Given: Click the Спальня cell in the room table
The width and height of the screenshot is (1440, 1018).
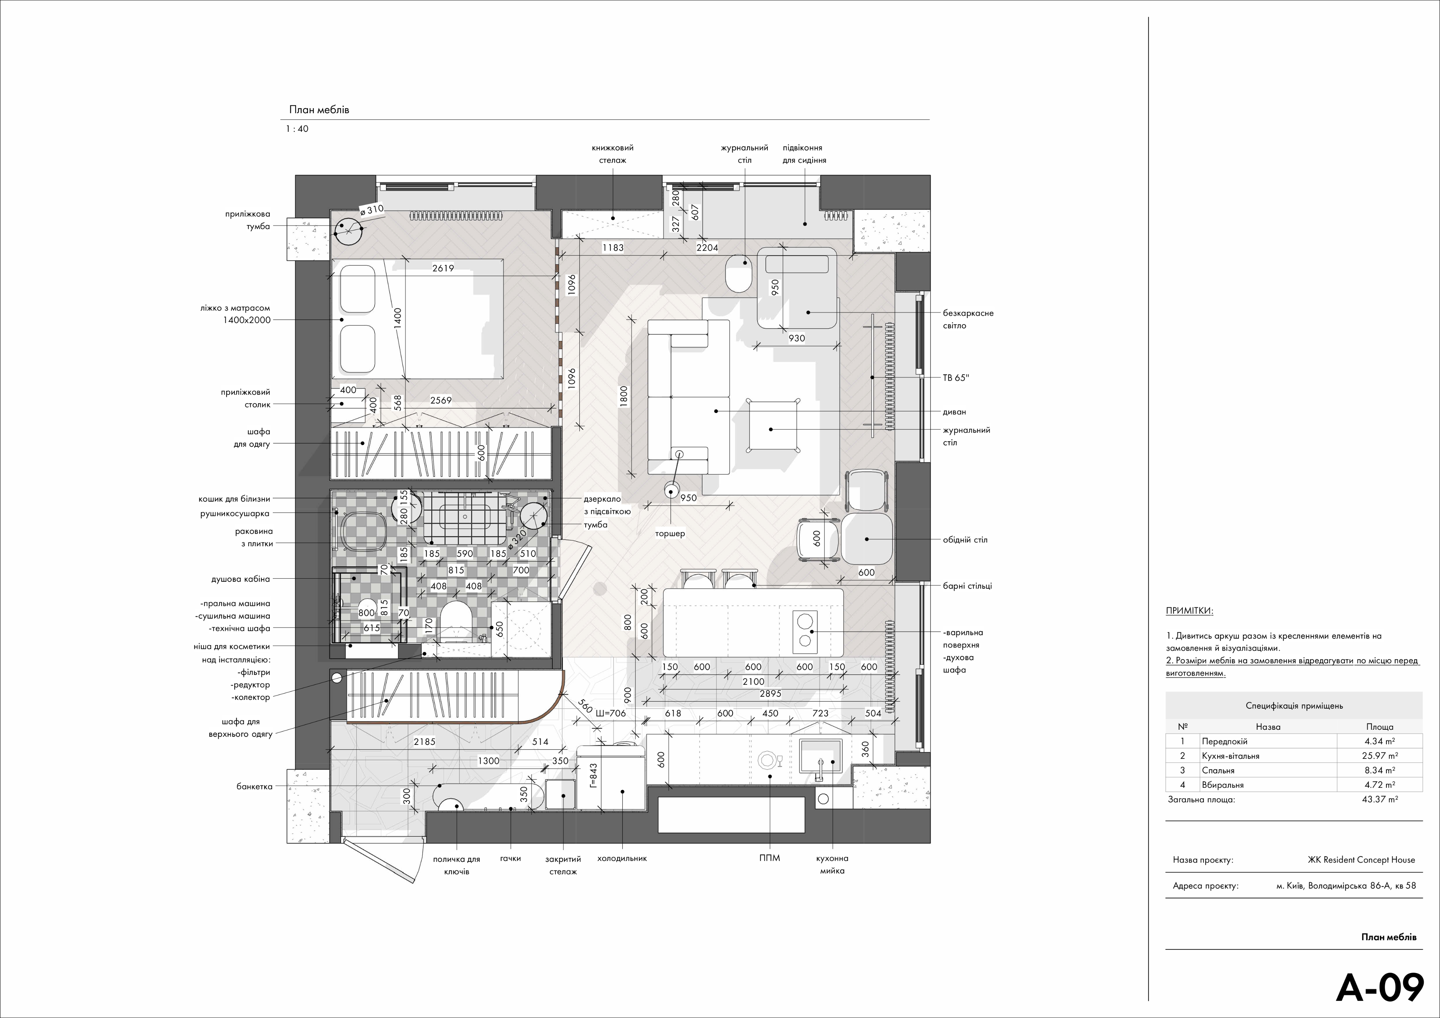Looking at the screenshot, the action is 1218,770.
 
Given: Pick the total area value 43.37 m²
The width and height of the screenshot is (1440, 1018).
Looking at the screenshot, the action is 1380,799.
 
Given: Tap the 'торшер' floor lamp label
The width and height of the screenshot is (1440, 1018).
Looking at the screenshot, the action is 670,534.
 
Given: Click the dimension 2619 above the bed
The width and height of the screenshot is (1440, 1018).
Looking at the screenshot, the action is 443,268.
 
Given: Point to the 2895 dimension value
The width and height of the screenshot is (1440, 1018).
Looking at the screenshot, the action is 770,694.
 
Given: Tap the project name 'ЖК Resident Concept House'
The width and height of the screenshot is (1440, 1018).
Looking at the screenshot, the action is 1361,860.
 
